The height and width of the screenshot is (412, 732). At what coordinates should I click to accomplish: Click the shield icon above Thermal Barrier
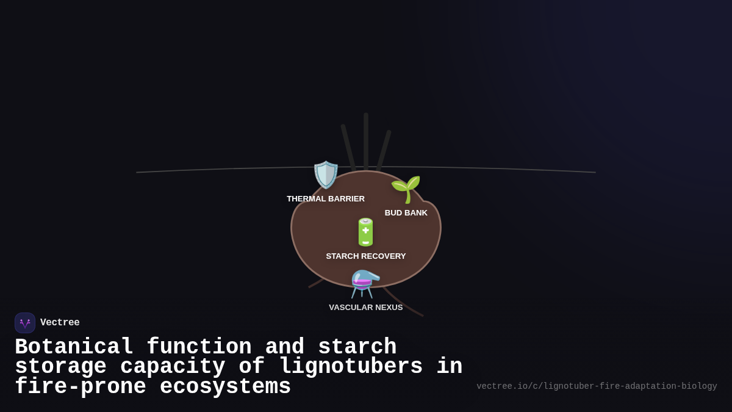(326, 175)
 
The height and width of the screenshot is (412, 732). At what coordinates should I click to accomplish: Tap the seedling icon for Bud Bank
(406, 189)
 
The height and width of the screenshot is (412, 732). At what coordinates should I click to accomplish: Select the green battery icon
(365, 232)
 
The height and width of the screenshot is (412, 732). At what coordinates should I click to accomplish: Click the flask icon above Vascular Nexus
(365, 284)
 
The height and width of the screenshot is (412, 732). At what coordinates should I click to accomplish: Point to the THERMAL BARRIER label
(326, 199)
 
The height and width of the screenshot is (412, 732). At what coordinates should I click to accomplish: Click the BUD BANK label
(406, 213)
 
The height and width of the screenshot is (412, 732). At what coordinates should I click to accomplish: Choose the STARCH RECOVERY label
(366, 256)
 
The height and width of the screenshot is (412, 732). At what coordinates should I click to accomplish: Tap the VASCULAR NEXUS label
(366, 308)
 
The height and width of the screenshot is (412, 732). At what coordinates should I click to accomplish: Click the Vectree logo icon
(25, 323)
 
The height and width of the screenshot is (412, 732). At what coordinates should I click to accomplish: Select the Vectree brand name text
(60, 323)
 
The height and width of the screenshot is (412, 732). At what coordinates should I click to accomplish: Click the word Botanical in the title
(74, 347)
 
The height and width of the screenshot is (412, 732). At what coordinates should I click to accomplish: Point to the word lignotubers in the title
(351, 367)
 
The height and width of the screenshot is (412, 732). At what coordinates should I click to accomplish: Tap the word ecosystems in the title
(225, 387)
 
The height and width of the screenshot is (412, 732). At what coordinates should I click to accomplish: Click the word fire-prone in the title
(80, 387)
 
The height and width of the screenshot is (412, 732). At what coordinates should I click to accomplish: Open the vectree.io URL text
(597, 386)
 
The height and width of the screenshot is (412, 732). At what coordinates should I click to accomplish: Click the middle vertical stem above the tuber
(366, 140)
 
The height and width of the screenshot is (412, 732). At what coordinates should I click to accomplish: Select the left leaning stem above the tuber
(348, 146)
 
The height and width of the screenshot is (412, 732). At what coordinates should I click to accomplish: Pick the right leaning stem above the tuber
(384, 150)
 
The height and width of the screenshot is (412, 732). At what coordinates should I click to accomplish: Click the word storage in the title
(60, 367)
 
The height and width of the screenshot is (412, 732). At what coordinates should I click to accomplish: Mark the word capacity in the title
(173, 367)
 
